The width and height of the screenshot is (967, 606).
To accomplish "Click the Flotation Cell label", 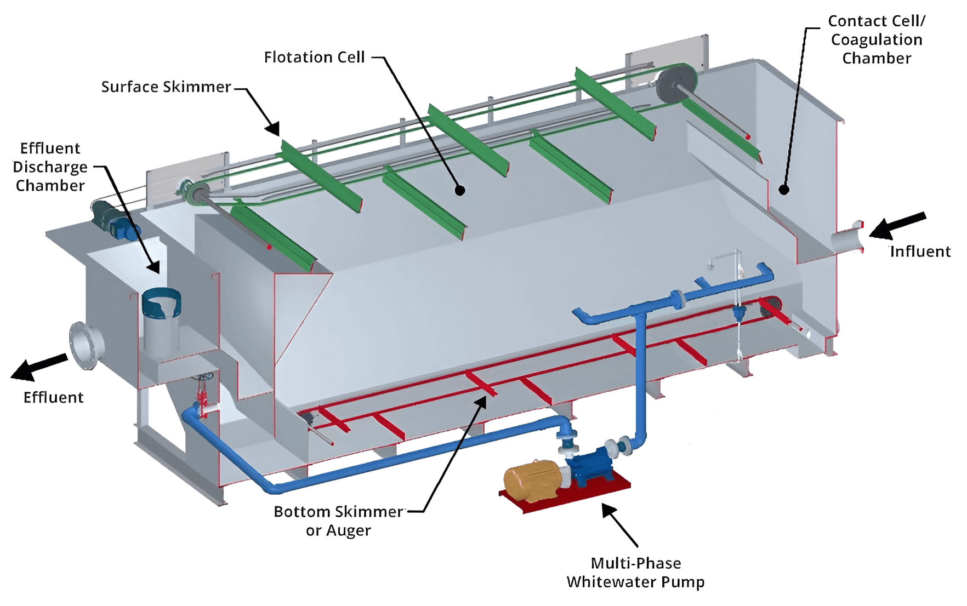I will [314, 57].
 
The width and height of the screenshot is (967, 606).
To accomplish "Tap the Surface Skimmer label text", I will [166, 87].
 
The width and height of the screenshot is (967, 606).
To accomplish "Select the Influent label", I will [920, 251].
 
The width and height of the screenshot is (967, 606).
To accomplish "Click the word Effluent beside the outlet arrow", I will [53, 397].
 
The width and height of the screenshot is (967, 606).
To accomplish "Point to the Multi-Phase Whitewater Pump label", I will [635, 572].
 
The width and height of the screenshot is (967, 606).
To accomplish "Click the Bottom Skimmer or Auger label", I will [338, 521].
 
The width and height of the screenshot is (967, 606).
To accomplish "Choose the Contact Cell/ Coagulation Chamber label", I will [877, 39].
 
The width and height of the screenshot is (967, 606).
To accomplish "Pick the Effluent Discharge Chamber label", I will [50, 167].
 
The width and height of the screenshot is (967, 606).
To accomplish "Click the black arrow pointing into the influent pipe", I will [897, 224].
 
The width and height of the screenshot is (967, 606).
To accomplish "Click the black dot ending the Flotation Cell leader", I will [460, 190].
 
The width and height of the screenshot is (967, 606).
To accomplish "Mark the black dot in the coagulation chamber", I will [784, 190].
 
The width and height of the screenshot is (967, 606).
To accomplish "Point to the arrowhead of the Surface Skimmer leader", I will [273, 129].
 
